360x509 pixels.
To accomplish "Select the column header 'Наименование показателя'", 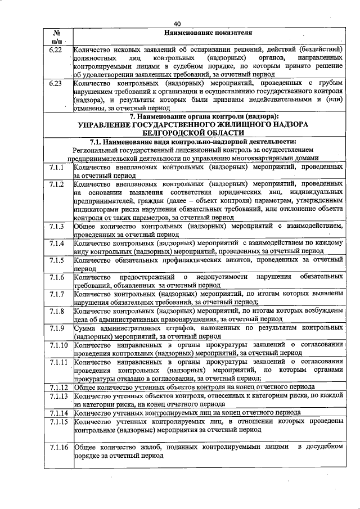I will [208, 33].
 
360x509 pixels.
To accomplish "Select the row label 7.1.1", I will [56, 168].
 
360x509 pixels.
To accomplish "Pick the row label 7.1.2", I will [56, 184].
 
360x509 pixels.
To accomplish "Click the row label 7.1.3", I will [56, 226].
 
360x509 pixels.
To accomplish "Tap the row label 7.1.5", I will [56, 260].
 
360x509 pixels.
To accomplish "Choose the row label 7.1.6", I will [56, 277].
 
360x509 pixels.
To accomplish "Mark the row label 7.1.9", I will [56, 327].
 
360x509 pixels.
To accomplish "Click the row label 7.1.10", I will [58, 344].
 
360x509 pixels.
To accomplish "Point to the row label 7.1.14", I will [58, 412].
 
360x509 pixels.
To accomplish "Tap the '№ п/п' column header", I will [56, 37].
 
